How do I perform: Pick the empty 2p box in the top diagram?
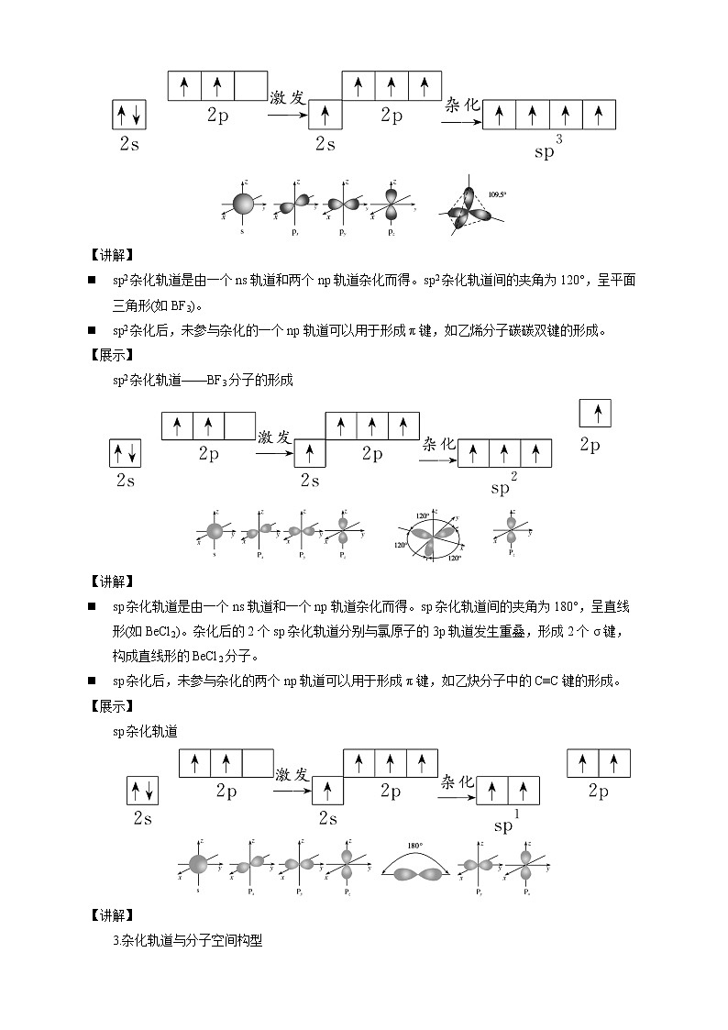(x=250, y=86)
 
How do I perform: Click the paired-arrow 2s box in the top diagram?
(x=128, y=116)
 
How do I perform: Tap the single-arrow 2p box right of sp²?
(x=597, y=414)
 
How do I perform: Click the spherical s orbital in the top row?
(x=242, y=205)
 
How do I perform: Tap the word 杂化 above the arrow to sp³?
(x=463, y=105)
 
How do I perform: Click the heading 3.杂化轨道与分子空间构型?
(x=187, y=940)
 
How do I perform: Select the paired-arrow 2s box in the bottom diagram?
(x=143, y=791)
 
